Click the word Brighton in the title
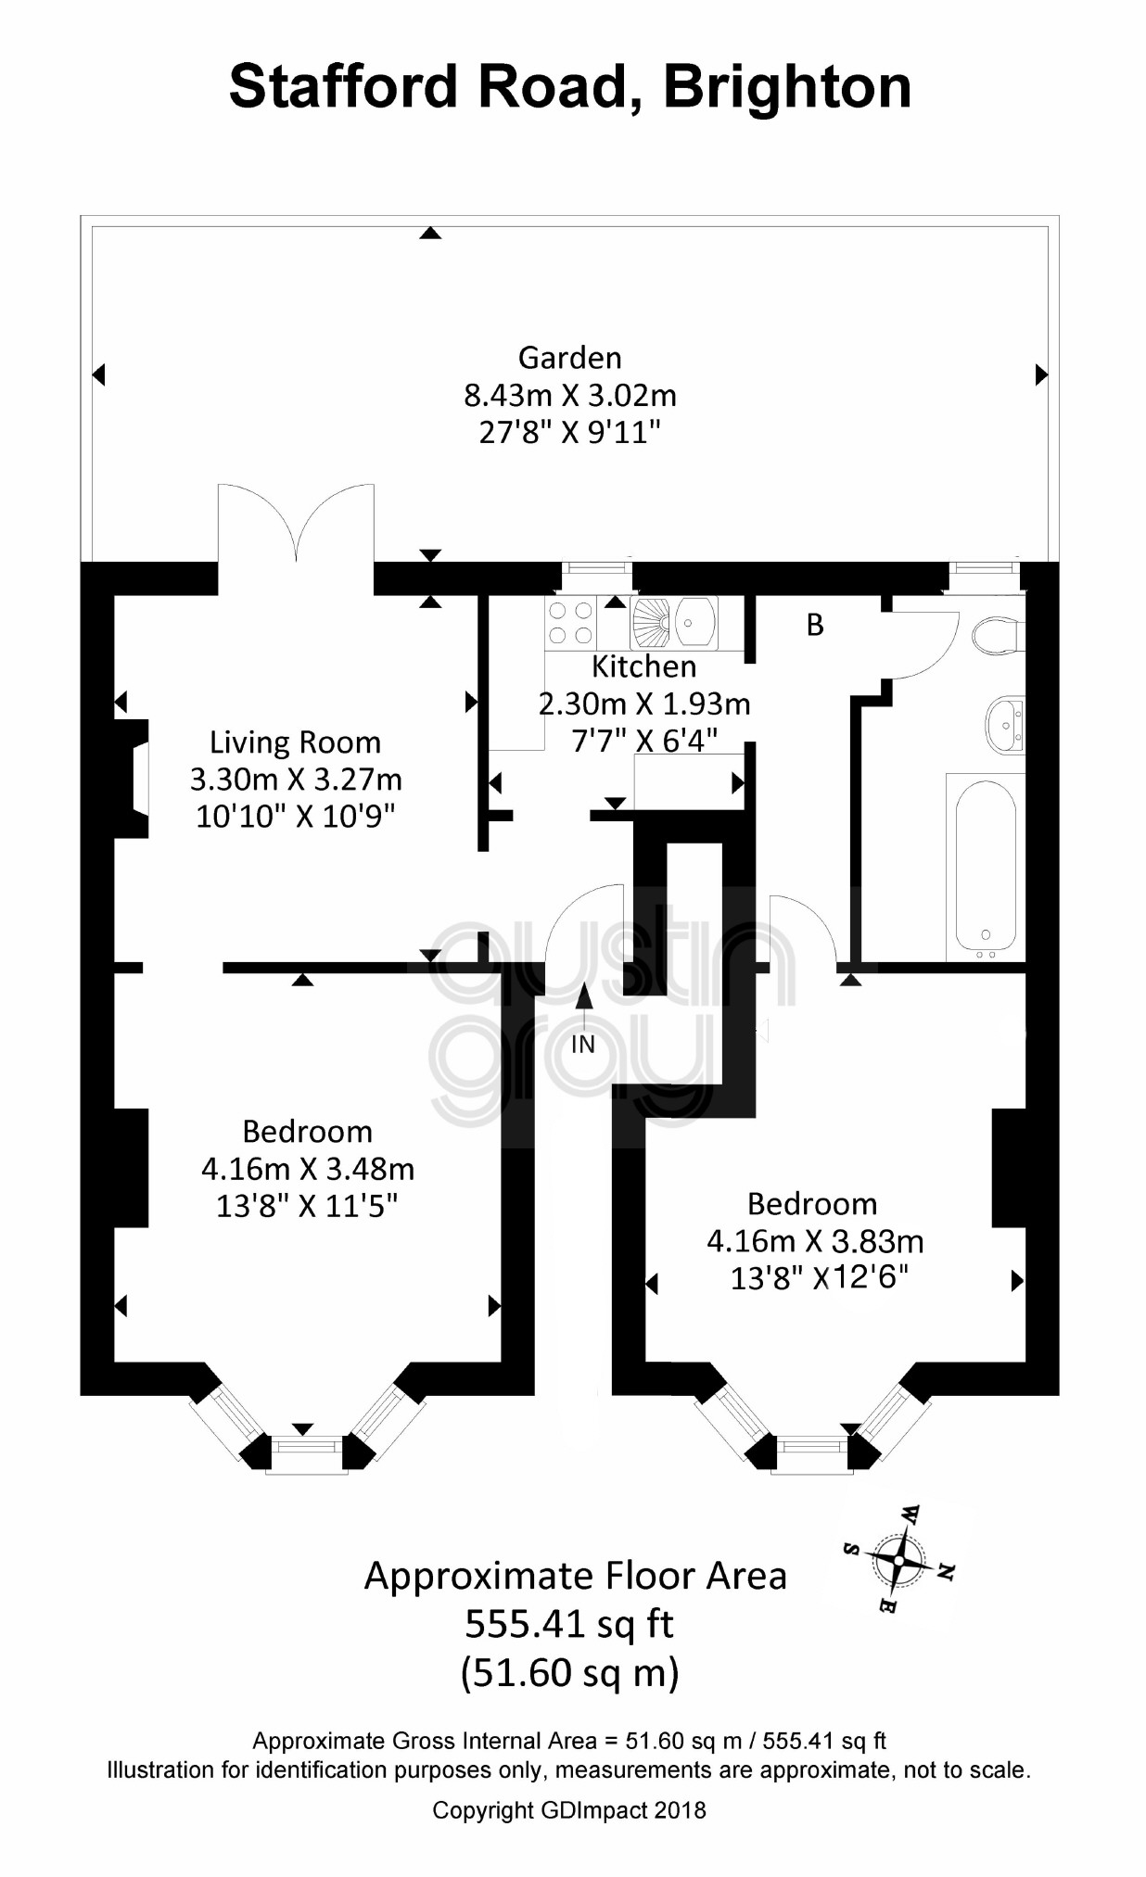click(x=787, y=87)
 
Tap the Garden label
click(x=569, y=357)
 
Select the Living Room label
click(x=295, y=742)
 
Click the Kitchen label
click(x=643, y=666)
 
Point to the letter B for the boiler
click(x=815, y=625)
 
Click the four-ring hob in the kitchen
click(x=571, y=622)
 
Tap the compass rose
click(x=898, y=1559)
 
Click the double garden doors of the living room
click(x=297, y=525)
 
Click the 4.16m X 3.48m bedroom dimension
click(x=308, y=1169)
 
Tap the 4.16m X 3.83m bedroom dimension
click(x=815, y=1241)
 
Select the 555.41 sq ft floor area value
click(x=569, y=1624)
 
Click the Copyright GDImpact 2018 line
click(x=569, y=1809)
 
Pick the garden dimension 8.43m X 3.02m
click(x=569, y=396)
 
